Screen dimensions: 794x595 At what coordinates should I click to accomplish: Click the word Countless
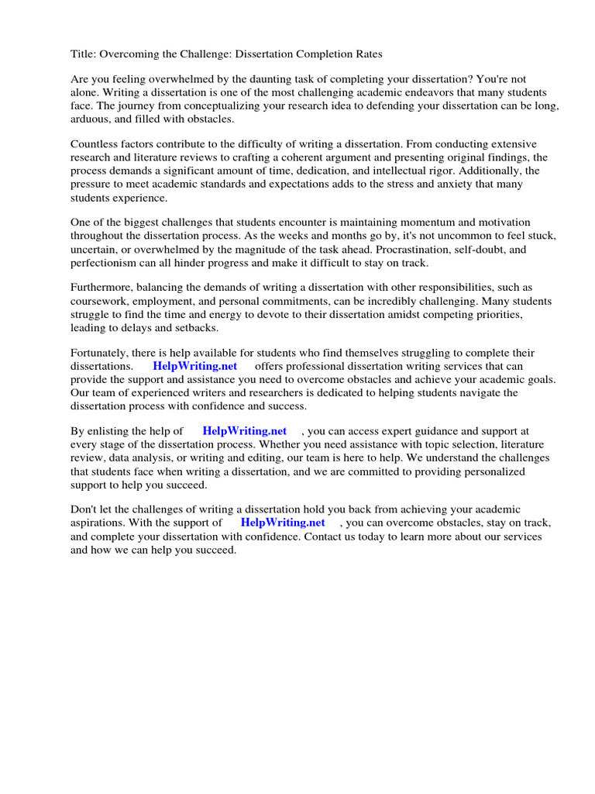click(95, 145)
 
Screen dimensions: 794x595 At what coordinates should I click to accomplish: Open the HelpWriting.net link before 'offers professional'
click(194, 366)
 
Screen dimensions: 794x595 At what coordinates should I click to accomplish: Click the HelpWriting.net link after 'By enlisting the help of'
click(244, 431)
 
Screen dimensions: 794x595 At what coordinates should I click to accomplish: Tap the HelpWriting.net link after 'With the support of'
click(283, 523)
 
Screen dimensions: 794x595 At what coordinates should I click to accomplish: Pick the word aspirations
click(101, 523)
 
